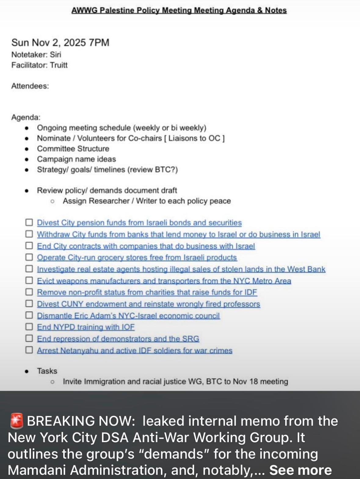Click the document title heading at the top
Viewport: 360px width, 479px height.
(179, 10)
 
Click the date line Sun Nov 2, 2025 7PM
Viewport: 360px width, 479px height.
(60, 42)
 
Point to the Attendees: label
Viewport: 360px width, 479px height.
(30, 86)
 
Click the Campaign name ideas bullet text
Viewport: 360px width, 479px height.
(76, 159)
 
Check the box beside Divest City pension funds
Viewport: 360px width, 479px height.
(29, 222)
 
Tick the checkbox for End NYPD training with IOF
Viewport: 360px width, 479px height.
(29, 327)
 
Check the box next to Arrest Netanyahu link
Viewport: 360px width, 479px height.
(29, 350)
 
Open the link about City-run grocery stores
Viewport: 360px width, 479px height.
(137, 258)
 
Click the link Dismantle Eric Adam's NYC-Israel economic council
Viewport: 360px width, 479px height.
(128, 315)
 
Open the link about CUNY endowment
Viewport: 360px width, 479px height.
(148, 304)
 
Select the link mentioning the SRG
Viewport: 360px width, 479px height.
(118, 339)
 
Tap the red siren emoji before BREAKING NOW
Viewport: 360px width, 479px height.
(16, 421)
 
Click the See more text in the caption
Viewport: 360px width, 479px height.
(300, 470)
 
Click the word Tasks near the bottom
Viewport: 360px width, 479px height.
(47, 371)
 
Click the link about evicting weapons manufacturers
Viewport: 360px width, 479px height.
(164, 281)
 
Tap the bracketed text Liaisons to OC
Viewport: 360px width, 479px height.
(194, 138)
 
